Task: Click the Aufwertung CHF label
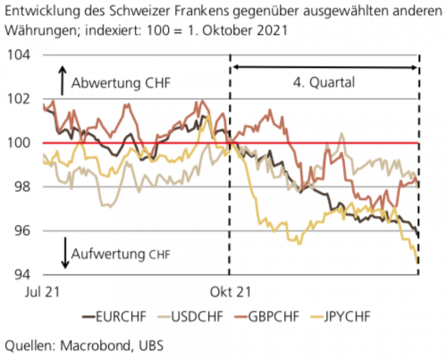click(x=121, y=254)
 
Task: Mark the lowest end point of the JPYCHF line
click(x=417, y=263)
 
